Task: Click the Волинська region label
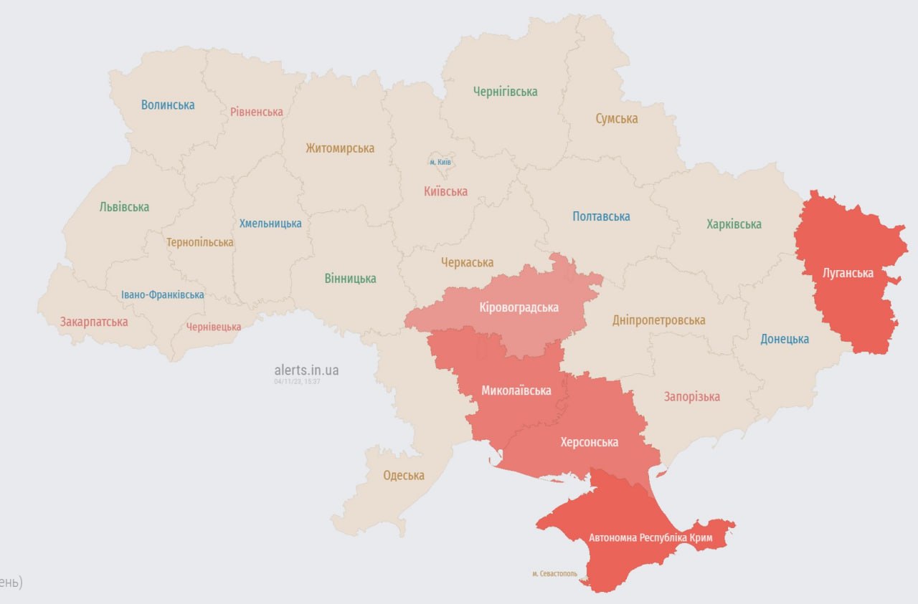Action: tap(168, 105)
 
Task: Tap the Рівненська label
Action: tap(256, 112)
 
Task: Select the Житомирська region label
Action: tap(340, 148)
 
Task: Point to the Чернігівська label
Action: tap(505, 92)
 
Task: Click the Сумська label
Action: tap(616, 119)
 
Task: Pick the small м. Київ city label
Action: tap(440, 162)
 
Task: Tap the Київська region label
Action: tap(445, 191)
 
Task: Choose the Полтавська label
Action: tap(601, 216)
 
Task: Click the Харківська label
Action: tap(734, 224)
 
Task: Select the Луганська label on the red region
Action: tap(848, 273)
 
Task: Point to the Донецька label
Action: tap(785, 339)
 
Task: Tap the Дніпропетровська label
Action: tap(658, 320)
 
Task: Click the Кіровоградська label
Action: tap(519, 307)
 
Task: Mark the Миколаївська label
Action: tap(516, 390)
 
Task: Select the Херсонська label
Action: tap(589, 442)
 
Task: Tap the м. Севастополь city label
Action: tap(554, 574)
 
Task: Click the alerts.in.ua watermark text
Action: tap(306, 370)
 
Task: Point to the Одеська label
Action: tap(404, 475)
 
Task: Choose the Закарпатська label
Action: tap(94, 322)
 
